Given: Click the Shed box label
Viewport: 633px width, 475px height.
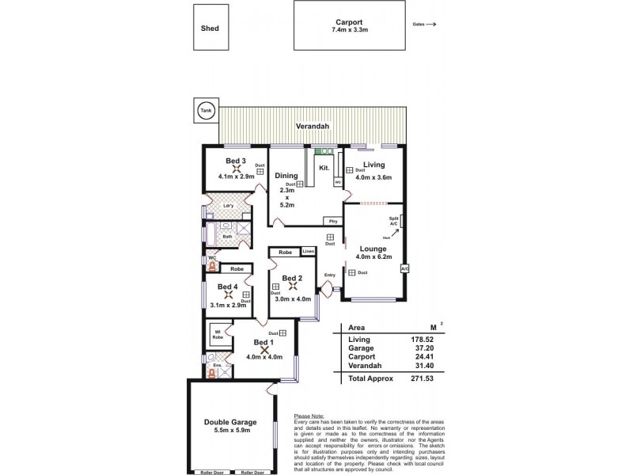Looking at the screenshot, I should click(210, 28).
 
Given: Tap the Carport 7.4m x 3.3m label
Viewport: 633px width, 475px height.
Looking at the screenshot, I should click(350, 25).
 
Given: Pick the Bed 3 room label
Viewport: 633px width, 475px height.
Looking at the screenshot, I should click(236, 161).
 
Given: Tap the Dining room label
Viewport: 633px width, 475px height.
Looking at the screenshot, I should click(286, 176).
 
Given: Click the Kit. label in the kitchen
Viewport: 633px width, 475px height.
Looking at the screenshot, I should click(324, 168).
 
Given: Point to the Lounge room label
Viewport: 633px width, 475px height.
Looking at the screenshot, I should click(373, 249).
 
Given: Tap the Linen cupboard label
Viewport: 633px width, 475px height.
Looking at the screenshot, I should click(309, 252).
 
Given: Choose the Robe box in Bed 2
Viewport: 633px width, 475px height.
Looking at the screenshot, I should click(285, 252).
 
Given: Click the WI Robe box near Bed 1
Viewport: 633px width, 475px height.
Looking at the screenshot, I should click(216, 335).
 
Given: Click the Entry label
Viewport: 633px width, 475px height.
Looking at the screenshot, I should click(329, 275).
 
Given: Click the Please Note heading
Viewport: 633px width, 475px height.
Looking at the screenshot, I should click(310, 416).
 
